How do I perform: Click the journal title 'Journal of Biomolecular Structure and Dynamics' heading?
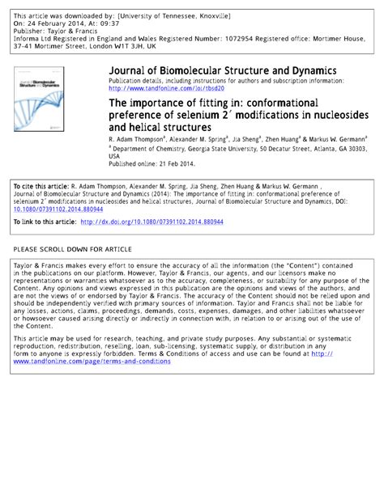223,71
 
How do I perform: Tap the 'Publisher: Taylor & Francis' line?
54,30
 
